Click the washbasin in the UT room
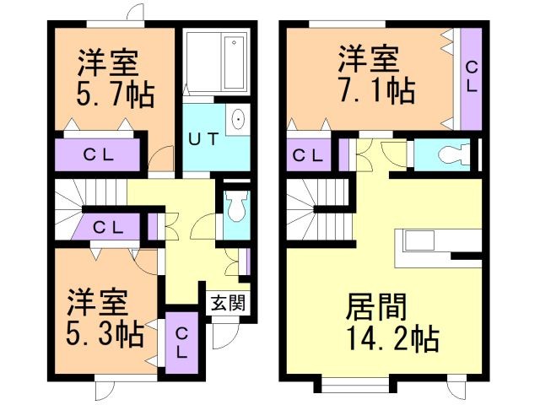(237, 119)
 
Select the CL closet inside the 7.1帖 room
(470, 77)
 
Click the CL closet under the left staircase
(109, 226)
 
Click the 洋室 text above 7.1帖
(369, 59)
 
